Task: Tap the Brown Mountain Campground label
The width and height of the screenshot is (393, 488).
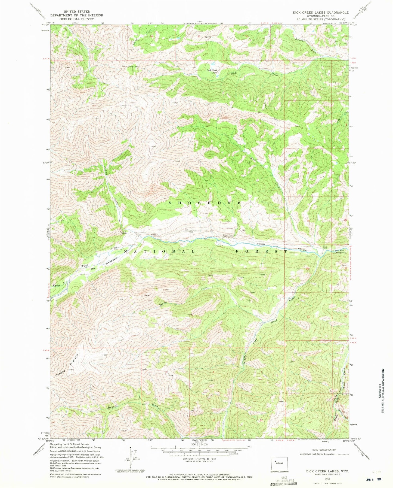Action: [230, 236]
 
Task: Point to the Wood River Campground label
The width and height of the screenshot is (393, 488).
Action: [340, 251]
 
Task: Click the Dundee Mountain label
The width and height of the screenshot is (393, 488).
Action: [67, 365]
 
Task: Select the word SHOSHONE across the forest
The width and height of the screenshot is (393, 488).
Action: [205, 203]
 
